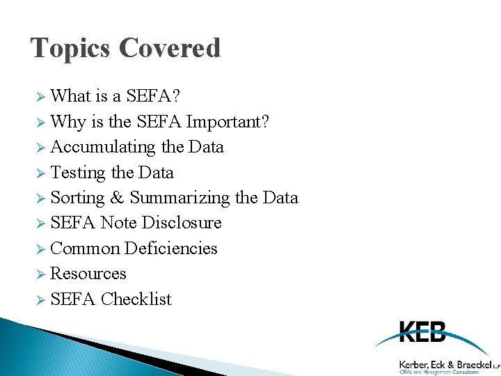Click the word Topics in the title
(71, 49)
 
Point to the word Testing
(77, 173)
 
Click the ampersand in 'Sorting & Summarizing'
(117, 198)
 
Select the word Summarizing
(180, 198)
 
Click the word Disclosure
(182, 223)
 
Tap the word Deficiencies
(170, 249)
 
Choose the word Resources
(88, 274)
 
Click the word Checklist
(136, 299)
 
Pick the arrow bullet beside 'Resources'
(40, 274)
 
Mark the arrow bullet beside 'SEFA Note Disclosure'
(40, 224)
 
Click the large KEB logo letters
(423, 332)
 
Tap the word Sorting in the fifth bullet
(77, 198)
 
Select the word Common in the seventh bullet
(84, 249)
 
